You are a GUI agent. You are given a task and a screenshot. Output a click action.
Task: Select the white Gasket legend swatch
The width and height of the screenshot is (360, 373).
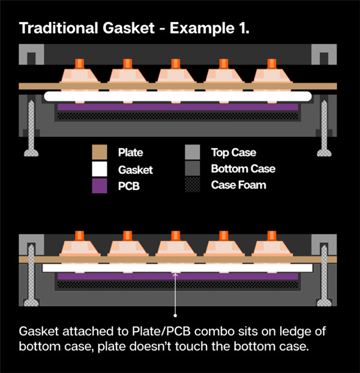tap(100, 170)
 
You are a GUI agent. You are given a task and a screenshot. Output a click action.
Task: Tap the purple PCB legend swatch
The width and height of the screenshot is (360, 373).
tap(100, 185)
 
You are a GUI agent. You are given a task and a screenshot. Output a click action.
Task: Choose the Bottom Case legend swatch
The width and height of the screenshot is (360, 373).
tap(193, 170)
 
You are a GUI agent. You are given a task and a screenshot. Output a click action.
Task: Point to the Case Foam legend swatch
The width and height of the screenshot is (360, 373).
tap(193, 185)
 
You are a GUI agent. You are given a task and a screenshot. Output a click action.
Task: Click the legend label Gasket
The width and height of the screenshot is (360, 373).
tap(135, 170)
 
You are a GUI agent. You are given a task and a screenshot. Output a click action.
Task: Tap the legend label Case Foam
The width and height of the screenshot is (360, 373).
tap(238, 185)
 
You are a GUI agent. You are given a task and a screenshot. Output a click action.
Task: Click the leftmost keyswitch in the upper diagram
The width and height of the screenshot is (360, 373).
tap(79, 74)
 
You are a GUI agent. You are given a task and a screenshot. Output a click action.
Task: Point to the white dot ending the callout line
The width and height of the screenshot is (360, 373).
tap(175, 314)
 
